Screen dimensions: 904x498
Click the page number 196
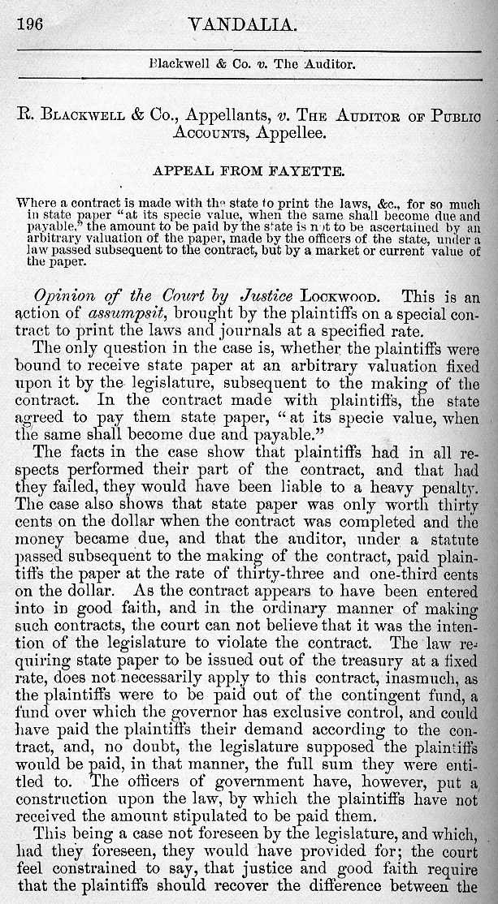(29, 24)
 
